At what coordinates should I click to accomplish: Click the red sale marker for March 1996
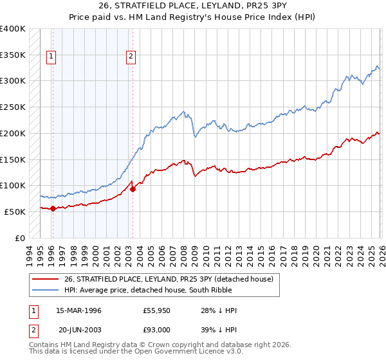pos(52,208)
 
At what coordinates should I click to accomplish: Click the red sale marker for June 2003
pos(133,189)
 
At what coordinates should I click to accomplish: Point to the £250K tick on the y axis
pos(13,107)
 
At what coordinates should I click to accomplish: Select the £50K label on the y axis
pos(15,212)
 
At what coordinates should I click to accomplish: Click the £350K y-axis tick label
pos(13,55)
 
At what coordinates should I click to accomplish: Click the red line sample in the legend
pos(46,279)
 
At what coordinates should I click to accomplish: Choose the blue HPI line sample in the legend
pos(46,290)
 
